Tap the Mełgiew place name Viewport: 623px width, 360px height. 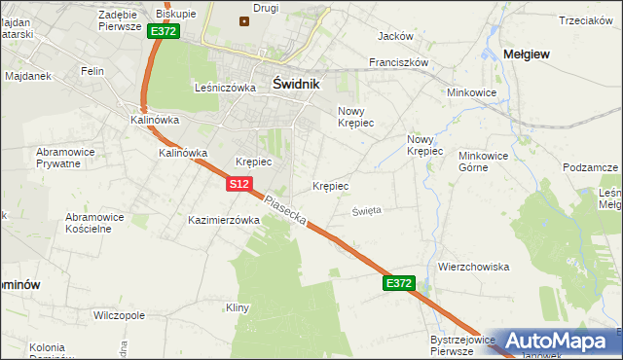[523, 54]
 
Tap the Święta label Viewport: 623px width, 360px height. [367, 210]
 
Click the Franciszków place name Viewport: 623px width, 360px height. [398, 61]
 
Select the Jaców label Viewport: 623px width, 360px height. [394, 36]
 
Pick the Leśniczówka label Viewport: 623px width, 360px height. [225, 87]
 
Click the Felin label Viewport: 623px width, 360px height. [92, 71]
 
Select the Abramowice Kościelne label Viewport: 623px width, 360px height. [102, 223]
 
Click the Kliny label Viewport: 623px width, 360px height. [238, 307]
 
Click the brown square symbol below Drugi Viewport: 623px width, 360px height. [243, 21]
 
